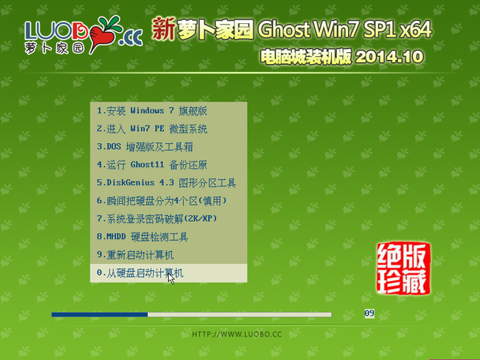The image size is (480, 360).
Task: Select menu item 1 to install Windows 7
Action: pos(152,111)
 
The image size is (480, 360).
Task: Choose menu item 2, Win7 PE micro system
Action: pos(152,129)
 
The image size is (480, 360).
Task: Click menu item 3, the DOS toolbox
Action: pos(145,146)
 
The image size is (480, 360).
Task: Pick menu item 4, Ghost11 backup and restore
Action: pos(152,165)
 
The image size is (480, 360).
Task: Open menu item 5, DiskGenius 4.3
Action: pos(166,182)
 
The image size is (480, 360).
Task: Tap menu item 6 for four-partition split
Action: pos(162,201)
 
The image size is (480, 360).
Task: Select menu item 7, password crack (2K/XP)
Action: pos(157,218)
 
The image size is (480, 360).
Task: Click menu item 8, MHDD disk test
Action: pos(142,237)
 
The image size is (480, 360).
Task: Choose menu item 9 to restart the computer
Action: pos(135,254)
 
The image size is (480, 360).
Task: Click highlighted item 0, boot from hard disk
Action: pos(140,273)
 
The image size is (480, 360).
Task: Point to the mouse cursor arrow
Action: pos(171,278)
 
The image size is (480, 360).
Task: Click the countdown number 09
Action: pos(369,313)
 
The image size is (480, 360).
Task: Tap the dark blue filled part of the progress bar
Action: pos(99,314)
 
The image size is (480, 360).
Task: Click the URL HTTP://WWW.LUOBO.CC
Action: pos(237,334)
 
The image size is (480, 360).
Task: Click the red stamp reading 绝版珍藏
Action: pos(403,269)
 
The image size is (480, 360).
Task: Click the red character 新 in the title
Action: pos(164,29)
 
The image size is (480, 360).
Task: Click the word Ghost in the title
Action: pos(284,30)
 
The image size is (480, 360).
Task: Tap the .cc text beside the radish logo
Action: pos(130,38)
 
